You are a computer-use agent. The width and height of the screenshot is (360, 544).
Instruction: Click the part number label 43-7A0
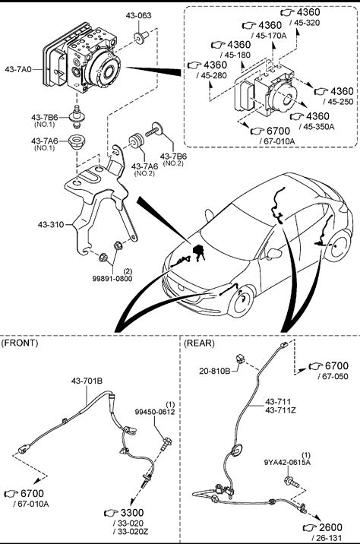point(18,69)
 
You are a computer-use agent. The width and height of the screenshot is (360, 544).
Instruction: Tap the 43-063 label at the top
point(138,15)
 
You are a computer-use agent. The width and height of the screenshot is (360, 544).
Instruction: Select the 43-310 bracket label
point(51,224)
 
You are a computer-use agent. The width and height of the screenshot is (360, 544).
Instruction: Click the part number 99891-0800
point(112,278)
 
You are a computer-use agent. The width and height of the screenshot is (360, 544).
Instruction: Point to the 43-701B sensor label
point(87,381)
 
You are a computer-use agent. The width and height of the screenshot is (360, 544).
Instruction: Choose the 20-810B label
point(215,371)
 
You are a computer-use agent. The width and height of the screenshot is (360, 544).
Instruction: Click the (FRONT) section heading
point(20,343)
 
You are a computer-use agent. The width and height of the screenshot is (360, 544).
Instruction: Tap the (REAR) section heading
point(199,343)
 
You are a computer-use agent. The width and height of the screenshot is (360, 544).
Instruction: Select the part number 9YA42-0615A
point(287,462)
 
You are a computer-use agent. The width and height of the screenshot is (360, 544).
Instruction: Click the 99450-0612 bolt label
point(155,412)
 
